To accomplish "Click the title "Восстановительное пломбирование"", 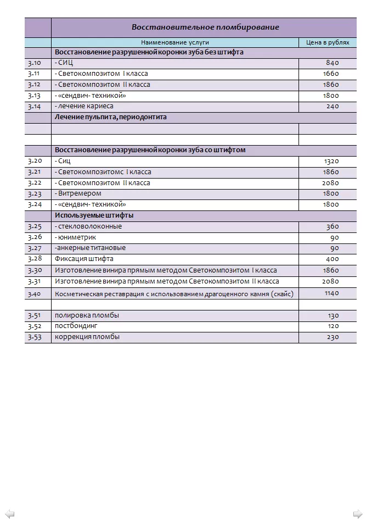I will pyautogui.click(x=205, y=27).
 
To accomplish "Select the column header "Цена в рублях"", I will pyautogui.click(x=327, y=42).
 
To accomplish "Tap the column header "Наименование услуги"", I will pyautogui.click(x=175, y=42).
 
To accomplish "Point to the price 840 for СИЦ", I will pyautogui.click(x=332, y=63).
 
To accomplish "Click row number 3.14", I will pyautogui.click(x=34, y=106).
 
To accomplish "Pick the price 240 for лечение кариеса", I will pyautogui.click(x=333, y=106).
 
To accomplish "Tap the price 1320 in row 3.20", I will pyautogui.click(x=331, y=161).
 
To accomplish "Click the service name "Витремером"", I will pyautogui.click(x=80, y=193).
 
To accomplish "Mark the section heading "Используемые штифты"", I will pyautogui.click(x=94, y=215).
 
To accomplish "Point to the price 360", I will pyautogui.click(x=333, y=226).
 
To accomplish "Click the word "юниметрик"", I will pyautogui.click(x=77, y=237).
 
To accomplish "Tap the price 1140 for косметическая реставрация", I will pyautogui.click(x=331, y=293).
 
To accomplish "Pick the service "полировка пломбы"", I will pyautogui.click(x=87, y=315).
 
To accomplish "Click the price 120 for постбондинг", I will pyautogui.click(x=333, y=326).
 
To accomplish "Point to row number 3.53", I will pyautogui.click(x=35, y=337).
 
